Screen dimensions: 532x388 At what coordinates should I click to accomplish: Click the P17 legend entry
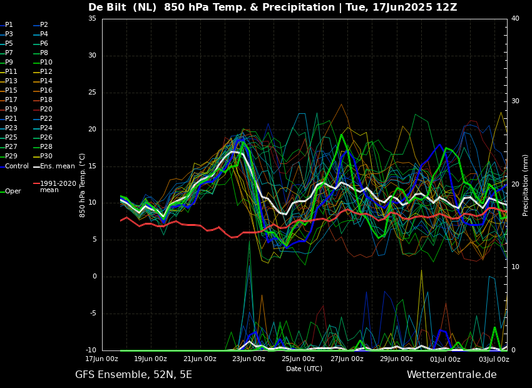pyautogui.click(x=9, y=100)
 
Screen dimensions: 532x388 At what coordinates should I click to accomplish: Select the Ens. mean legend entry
pyautogui.click(x=54, y=166)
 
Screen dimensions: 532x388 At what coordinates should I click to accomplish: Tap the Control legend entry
pyautogui.click(x=14, y=166)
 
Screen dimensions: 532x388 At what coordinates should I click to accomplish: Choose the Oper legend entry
pyautogui.click(x=11, y=191)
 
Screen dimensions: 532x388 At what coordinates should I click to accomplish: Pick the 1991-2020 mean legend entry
pyautogui.click(x=54, y=186)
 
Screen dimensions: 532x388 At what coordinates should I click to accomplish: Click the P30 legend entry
pyautogui.click(x=43, y=156)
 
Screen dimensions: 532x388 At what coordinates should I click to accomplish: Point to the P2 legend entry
pyautogui.click(x=41, y=25)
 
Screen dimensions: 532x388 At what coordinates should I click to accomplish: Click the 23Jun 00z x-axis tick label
pyautogui.click(x=249, y=359)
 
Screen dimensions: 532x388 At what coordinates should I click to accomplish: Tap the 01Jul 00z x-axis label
pyautogui.click(x=445, y=359)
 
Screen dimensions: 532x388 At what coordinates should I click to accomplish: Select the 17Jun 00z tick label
pyautogui.click(x=102, y=359)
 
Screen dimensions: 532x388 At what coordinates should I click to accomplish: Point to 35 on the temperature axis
pyautogui.click(x=92, y=19)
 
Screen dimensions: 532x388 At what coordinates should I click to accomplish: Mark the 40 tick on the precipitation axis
pyautogui.click(x=515, y=19)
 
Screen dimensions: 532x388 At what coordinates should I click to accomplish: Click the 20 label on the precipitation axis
pyautogui.click(x=515, y=184)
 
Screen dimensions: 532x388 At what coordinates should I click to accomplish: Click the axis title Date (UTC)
pyautogui.click(x=304, y=369)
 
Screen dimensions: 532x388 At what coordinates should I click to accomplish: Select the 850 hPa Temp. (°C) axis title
pyautogui.click(x=82, y=185)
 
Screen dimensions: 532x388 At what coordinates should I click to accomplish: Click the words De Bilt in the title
pyautogui.click(x=108, y=7)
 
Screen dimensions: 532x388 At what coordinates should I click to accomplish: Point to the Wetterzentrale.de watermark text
pyautogui.click(x=452, y=375)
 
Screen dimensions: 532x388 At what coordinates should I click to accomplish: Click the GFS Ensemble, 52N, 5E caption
pyautogui.click(x=133, y=375)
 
